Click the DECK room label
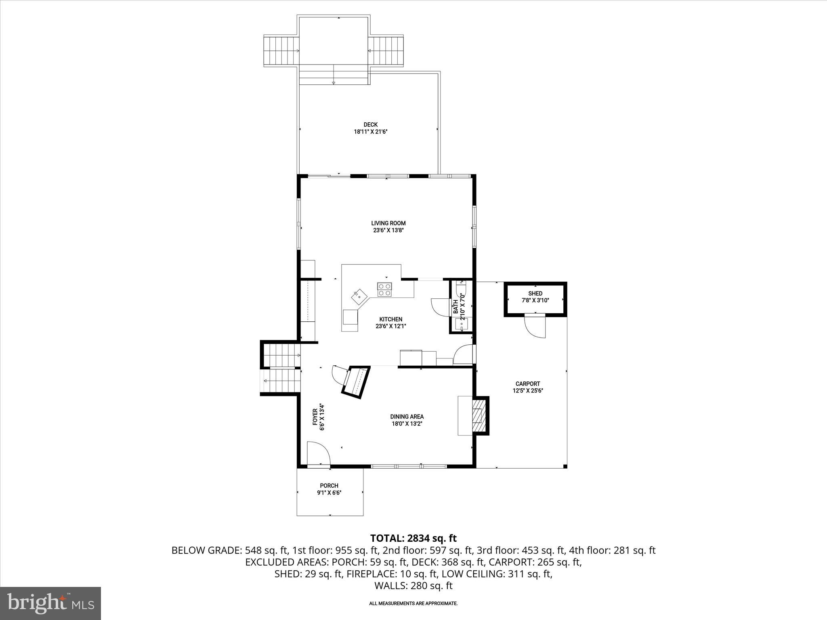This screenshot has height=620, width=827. coord(370,125)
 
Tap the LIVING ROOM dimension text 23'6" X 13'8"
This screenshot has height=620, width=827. coord(388,230)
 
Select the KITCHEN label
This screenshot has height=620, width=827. coord(390,319)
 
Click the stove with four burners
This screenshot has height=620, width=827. coord(384,290)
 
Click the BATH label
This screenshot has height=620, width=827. coord(456,307)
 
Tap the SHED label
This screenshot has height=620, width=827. coord(535,293)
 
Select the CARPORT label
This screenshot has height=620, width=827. coord(527,384)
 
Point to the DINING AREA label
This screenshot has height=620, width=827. coord(407,417)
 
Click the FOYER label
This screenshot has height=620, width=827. coord(315,417)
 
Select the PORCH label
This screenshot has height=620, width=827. coord(329,486)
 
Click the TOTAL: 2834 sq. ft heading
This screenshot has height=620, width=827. coord(413,538)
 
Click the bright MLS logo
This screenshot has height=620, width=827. coord(50,603)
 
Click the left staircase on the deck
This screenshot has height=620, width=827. coord(281,51)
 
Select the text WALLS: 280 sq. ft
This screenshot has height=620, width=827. coord(413,586)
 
